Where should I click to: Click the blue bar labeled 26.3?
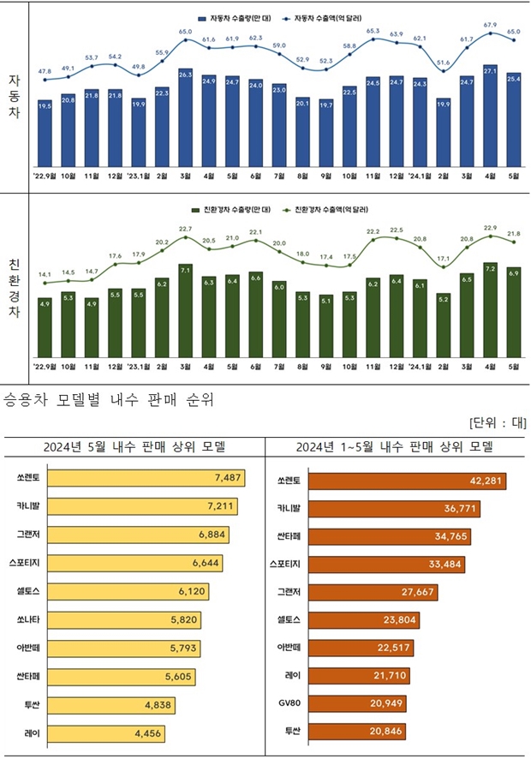(x=185, y=117)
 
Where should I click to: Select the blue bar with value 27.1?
(x=490, y=116)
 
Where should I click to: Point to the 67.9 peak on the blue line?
(x=490, y=33)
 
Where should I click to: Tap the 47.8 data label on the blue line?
(x=45, y=71)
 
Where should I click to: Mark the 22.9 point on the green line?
(x=490, y=236)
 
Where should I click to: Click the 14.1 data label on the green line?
(x=45, y=273)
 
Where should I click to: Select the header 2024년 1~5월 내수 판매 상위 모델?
(x=396, y=446)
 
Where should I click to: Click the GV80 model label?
(x=288, y=704)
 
